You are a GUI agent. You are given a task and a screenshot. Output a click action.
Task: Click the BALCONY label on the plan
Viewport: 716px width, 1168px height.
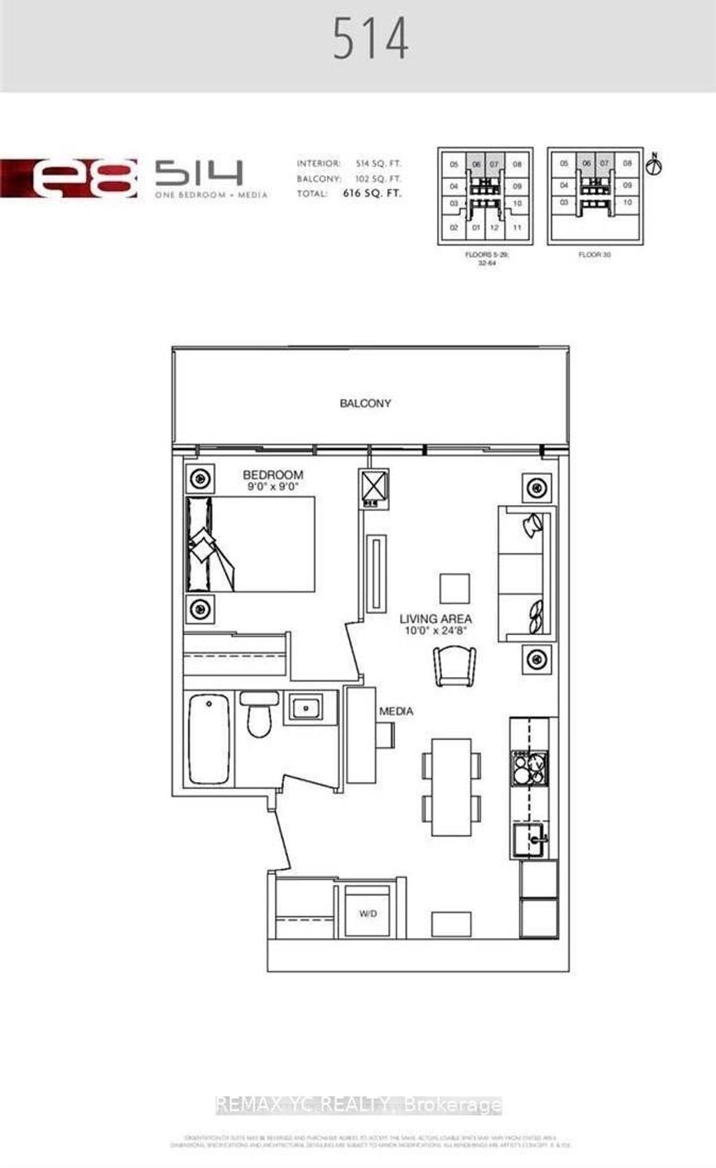point(365,404)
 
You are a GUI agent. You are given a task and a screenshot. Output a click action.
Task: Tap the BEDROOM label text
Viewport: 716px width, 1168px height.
point(273,475)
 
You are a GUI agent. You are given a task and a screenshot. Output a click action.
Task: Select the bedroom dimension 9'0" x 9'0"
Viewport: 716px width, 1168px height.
point(272,487)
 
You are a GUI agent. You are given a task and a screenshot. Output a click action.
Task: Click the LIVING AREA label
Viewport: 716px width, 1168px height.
point(435,618)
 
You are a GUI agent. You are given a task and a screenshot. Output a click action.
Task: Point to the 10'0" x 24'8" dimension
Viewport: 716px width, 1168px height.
point(435,631)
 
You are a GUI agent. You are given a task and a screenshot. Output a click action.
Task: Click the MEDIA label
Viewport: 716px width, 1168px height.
point(396,711)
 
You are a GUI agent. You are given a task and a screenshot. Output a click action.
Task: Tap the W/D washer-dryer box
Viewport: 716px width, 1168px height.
point(368,913)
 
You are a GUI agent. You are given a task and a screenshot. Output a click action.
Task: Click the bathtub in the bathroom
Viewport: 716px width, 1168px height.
point(209,739)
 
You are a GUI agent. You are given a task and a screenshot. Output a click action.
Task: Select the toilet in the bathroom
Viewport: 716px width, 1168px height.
point(259,716)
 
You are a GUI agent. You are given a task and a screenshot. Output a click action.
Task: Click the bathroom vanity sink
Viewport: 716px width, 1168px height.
point(306,708)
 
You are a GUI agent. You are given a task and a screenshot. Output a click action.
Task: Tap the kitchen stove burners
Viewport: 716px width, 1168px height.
point(530,767)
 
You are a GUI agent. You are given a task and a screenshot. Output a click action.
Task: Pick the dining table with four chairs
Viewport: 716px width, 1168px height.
point(451,787)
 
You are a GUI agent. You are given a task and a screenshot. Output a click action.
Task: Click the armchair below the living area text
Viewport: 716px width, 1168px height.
point(454,666)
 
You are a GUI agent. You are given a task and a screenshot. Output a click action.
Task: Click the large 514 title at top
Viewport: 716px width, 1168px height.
point(371,40)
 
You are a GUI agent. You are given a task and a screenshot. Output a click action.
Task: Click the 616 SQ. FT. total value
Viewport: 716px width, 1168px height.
point(372,194)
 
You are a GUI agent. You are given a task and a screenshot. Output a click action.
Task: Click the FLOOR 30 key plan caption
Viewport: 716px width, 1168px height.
point(594,255)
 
